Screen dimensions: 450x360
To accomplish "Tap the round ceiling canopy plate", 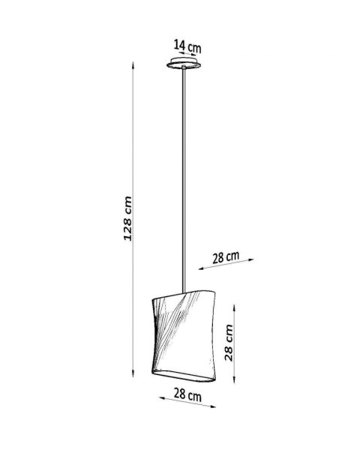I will click(x=183, y=67).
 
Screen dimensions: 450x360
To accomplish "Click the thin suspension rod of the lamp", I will click(x=183, y=180).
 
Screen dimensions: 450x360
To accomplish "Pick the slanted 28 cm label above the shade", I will click(x=225, y=257).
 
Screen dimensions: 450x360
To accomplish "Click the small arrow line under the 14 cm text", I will click(x=185, y=57).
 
